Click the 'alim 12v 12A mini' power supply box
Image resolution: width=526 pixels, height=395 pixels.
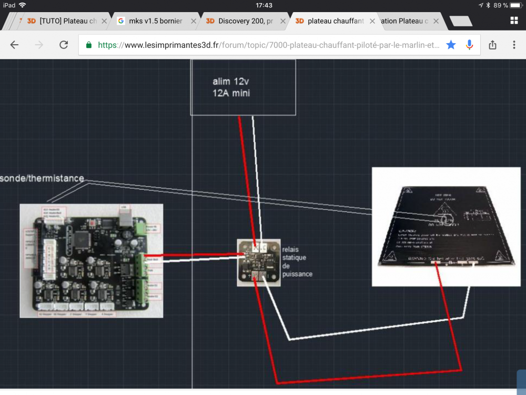coord(242,87)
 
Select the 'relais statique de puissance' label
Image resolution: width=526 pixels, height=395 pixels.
coord(297,261)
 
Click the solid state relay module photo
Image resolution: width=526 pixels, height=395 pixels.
coord(259,262)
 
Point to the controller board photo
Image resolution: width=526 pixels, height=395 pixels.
coord(91,261)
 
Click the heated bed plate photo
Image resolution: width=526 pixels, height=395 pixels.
coord(446,226)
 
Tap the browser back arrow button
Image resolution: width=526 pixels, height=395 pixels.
coord(14,45)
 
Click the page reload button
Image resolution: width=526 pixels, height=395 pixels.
coord(64,45)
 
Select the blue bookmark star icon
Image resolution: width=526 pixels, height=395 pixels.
coord(451,45)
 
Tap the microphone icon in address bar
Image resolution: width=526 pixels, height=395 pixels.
coord(469,45)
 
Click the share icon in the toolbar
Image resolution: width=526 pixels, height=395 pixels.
coord(493,45)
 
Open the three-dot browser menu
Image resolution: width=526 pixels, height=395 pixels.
coord(514,45)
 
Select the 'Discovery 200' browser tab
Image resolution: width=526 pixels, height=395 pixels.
coord(239,21)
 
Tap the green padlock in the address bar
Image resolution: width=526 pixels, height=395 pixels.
coord(88,45)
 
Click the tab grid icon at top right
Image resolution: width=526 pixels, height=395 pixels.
coord(514,21)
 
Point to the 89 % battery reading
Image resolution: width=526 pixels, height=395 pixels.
coord(501,5)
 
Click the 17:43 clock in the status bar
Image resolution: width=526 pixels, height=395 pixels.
coord(264,5)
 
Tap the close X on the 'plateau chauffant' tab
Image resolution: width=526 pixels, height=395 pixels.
coord(372,21)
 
